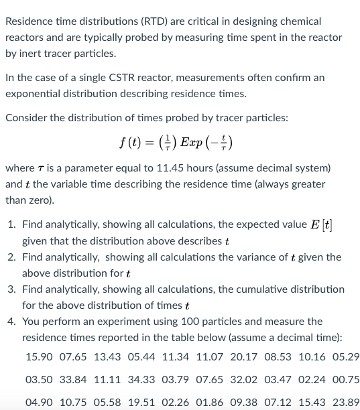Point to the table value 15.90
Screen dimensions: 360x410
(39, 356)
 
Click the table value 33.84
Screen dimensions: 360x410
(73, 380)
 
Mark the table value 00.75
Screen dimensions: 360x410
(347, 380)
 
